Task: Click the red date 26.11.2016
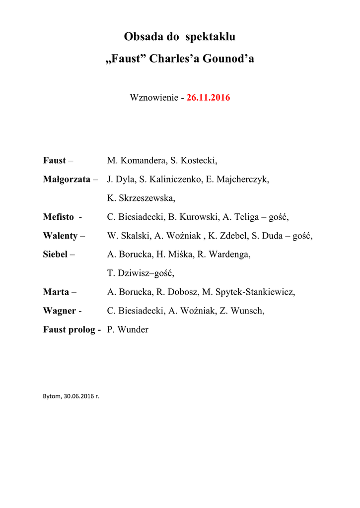click(x=208, y=98)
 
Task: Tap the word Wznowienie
click(x=153, y=98)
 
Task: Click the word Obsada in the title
click(x=143, y=37)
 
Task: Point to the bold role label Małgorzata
click(x=67, y=179)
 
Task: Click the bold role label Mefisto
click(x=58, y=217)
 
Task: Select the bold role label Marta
click(x=56, y=292)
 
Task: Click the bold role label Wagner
click(x=59, y=311)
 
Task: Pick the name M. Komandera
click(x=136, y=160)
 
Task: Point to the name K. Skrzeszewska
click(x=141, y=198)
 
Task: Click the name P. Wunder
click(x=128, y=330)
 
